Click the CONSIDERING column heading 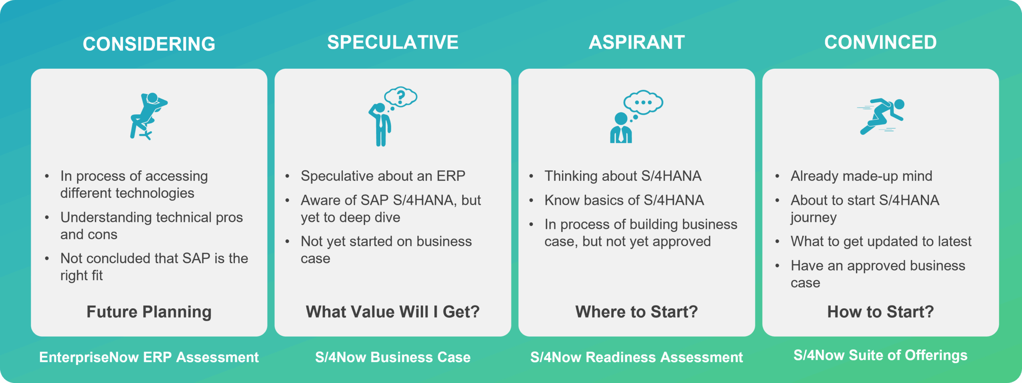pyautogui.click(x=149, y=44)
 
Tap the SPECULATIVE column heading pyautogui.click(x=393, y=42)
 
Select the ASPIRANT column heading pyautogui.click(x=637, y=42)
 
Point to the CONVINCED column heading pyautogui.click(x=881, y=42)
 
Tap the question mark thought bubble pyautogui.click(x=401, y=97)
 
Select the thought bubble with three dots pyautogui.click(x=643, y=103)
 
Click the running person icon pyautogui.click(x=881, y=116)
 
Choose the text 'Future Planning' pyautogui.click(x=149, y=312)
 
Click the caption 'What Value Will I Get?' pyautogui.click(x=393, y=312)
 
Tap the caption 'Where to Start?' pyautogui.click(x=637, y=312)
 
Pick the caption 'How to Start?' pyautogui.click(x=881, y=312)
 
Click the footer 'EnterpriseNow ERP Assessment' pyautogui.click(x=149, y=357)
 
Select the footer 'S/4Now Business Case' pyautogui.click(x=393, y=357)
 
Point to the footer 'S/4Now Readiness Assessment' pyautogui.click(x=637, y=357)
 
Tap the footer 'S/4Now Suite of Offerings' pyautogui.click(x=881, y=355)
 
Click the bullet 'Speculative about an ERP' pyautogui.click(x=383, y=176)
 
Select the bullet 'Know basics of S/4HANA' pyautogui.click(x=624, y=200)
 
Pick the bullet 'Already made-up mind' pyautogui.click(x=862, y=176)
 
